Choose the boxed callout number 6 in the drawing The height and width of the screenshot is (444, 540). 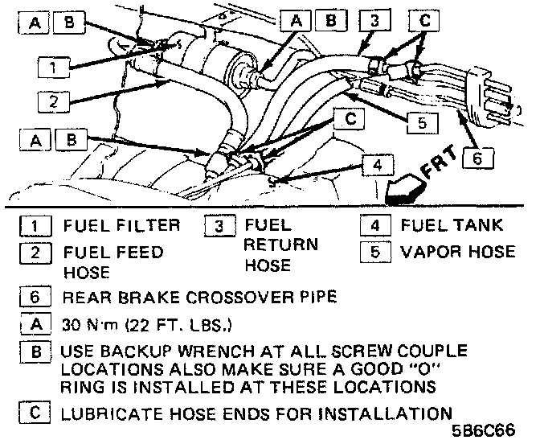[478, 158]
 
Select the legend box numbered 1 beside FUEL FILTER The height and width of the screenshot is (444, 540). [32, 225]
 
